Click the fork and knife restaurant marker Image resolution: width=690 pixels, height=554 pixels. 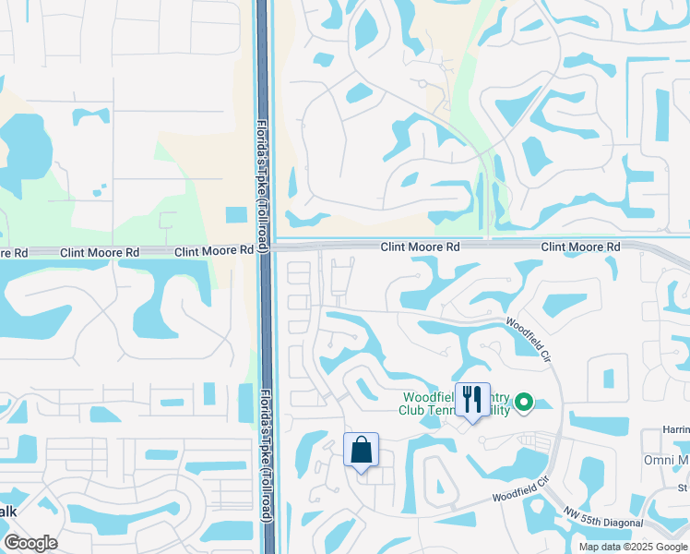click(x=472, y=400)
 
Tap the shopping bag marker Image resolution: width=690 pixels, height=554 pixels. click(x=361, y=450)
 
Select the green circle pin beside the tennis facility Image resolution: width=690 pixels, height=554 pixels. click(x=524, y=402)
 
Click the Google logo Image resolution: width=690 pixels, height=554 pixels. click(x=30, y=543)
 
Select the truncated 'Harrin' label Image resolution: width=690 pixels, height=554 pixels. click(x=675, y=430)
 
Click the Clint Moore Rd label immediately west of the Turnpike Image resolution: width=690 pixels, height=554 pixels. click(x=214, y=250)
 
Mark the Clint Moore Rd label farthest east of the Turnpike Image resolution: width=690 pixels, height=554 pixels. click(x=580, y=247)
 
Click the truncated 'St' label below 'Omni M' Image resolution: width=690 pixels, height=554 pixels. click(x=683, y=488)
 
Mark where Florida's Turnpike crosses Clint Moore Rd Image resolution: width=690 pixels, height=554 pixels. click(x=264, y=247)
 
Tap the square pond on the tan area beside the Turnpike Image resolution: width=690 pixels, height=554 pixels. click(x=236, y=214)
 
